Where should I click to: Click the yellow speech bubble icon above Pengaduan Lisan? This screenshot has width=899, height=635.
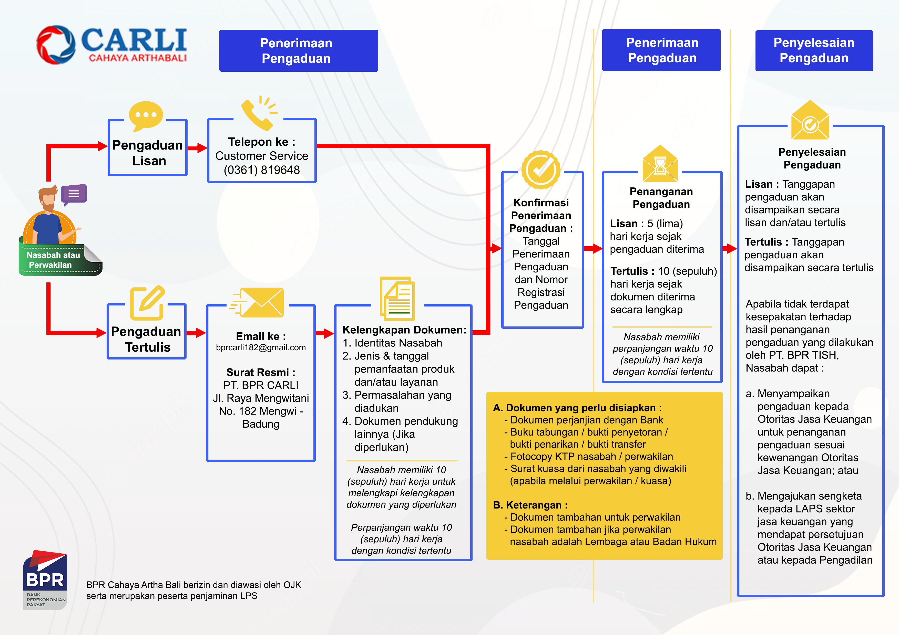146,115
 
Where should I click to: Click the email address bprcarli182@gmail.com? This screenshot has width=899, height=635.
261,347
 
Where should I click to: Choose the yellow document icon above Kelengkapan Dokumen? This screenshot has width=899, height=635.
397,299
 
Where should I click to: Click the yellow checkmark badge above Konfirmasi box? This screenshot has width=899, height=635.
541,170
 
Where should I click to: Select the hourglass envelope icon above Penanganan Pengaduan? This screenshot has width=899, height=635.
660,164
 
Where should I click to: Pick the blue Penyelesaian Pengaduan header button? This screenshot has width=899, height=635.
814,50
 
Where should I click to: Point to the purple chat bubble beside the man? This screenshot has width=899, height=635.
74,194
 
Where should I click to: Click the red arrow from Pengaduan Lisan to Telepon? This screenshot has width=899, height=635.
197,148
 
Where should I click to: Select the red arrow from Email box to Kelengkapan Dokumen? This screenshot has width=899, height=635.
325,333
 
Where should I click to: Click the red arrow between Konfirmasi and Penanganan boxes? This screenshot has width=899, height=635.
593,248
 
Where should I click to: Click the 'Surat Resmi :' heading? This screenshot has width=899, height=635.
261,372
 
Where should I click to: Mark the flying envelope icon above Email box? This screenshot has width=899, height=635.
257,302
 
